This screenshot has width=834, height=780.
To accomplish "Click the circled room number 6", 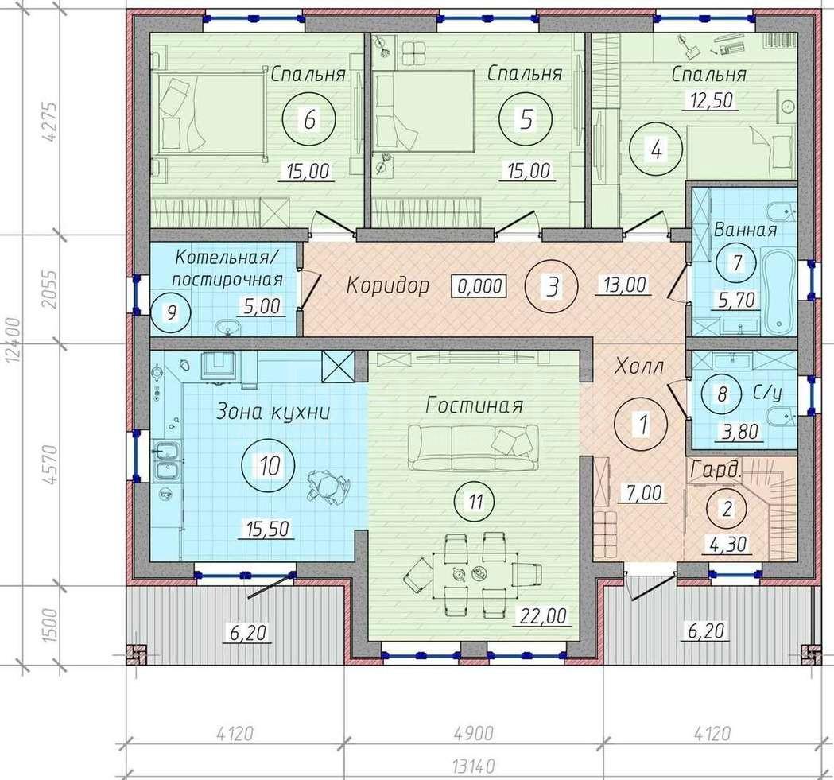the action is click(309, 119).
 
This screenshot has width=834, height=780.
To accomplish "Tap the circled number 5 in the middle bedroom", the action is click(526, 119).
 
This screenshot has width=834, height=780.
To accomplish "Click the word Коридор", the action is click(388, 285).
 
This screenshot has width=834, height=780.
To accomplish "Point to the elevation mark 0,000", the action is click(479, 285).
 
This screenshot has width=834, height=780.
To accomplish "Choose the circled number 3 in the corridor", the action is click(552, 287).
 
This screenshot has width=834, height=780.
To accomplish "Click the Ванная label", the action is click(745, 230).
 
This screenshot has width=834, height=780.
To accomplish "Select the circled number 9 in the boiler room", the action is click(171, 313).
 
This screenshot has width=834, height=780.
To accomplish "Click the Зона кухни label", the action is click(273, 413).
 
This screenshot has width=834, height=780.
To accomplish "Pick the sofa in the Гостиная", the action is click(473, 447).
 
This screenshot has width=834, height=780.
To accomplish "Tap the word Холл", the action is click(638, 367).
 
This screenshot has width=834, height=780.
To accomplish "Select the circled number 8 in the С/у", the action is click(722, 394).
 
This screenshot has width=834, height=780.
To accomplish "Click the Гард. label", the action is click(716, 471).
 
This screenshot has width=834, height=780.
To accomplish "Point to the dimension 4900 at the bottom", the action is click(473, 734).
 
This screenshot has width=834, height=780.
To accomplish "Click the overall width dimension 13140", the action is click(473, 766).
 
